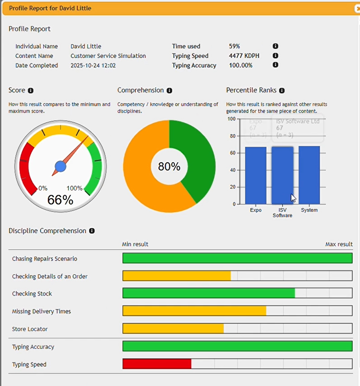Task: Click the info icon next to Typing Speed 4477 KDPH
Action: tap(275, 56)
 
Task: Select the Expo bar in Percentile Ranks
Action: tap(256, 175)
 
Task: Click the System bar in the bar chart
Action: tap(309, 175)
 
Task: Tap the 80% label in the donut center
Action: tap(169, 166)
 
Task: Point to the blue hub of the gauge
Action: tap(61, 166)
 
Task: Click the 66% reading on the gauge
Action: tap(60, 199)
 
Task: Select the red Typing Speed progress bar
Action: tap(157, 364)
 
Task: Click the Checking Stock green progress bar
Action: tap(209, 293)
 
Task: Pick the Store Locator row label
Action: tap(30, 329)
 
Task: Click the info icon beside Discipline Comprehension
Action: tap(92, 231)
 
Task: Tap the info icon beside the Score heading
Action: tap(31, 90)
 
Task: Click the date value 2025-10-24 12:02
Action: tap(93, 65)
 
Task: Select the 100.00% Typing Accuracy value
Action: tap(241, 65)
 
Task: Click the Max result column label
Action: tap(339, 244)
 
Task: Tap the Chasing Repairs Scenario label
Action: tap(45, 259)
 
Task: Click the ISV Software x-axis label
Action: tap(282, 212)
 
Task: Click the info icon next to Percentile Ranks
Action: tap(282, 90)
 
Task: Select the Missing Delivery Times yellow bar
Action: tap(194, 311)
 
